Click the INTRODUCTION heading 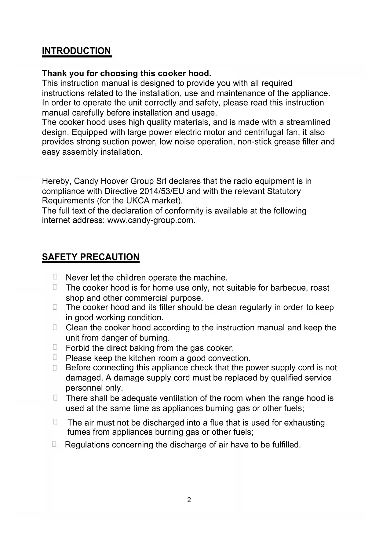point(76,51)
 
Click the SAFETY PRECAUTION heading point(90,257)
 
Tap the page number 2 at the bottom point(189,500)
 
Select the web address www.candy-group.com point(151,220)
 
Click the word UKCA point(138,201)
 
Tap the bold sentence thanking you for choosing point(126,74)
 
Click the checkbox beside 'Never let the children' point(55,277)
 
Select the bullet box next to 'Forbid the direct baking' point(55,347)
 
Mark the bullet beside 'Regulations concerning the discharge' point(54,444)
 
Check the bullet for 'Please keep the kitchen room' point(55,357)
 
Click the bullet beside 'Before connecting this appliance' point(55,368)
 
